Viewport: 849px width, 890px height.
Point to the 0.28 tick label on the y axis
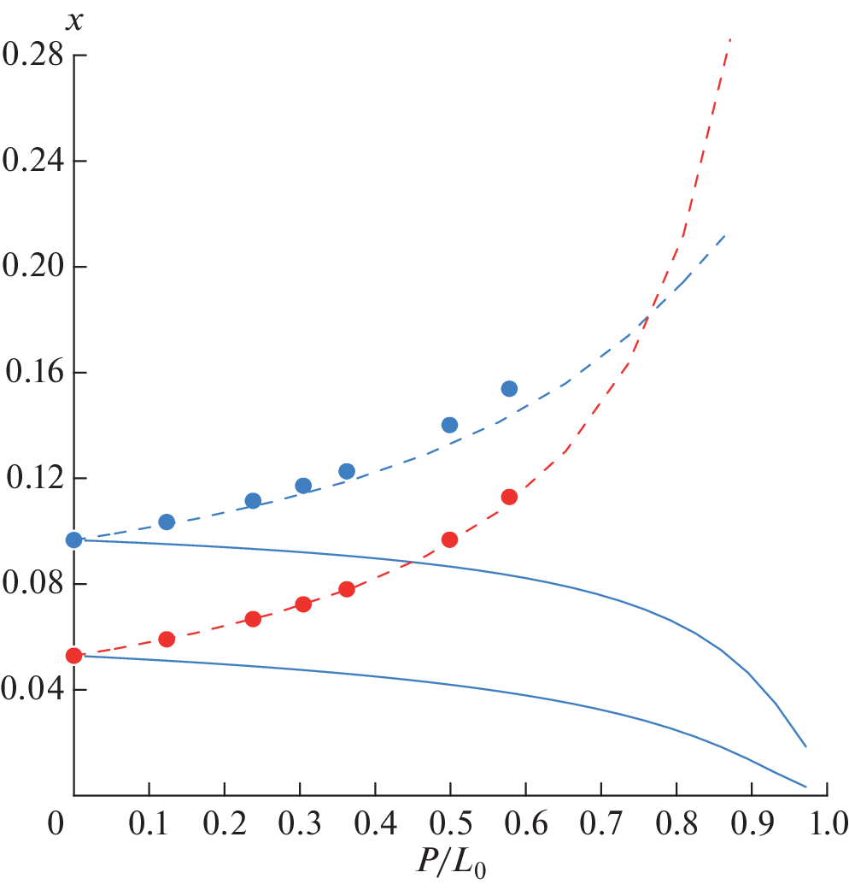[x=33, y=56]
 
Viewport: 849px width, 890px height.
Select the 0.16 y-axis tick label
[x=33, y=373]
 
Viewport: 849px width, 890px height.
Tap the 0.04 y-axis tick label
[x=33, y=690]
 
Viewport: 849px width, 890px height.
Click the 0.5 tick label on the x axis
[x=450, y=826]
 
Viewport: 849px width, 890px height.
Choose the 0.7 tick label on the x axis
[x=600, y=826]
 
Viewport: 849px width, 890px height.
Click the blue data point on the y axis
[x=74, y=539]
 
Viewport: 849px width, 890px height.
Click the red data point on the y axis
[x=74, y=656]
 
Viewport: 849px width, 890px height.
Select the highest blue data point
[x=509, y=388]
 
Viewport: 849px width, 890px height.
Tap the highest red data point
[x=509, y=497]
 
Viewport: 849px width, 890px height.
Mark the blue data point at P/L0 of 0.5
[x=449, y=425]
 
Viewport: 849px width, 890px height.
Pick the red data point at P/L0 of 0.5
[x=449, y=539]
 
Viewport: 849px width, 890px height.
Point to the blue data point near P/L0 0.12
[x=167, y=522]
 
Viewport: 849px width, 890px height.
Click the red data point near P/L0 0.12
[x=167, y=640]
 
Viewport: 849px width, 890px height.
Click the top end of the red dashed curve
[x=730, y=39]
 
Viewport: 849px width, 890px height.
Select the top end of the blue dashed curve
[x=725, y=235]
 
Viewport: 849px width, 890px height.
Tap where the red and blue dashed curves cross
[x=648, y=318]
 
